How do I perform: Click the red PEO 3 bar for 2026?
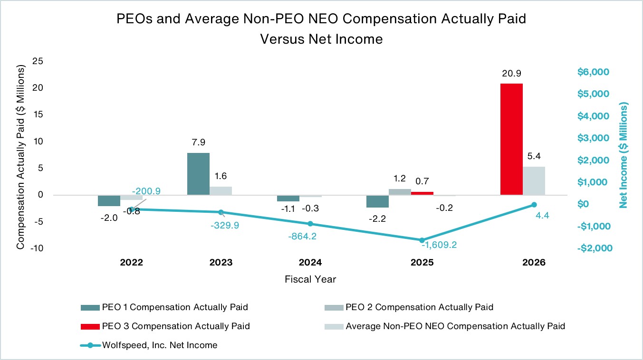pos(511,139)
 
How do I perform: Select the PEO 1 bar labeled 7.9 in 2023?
pos(198,174)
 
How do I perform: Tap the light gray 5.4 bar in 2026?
pos(534,181)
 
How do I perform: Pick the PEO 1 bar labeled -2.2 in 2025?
pos(377,201)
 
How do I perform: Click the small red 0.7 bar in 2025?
pos(422,193)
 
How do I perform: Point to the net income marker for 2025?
pos(422,240)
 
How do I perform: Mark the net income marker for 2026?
pos(534,205)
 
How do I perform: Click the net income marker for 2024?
pos(310,224)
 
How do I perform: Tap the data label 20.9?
pos(511,74)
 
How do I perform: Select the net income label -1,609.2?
pos(439,245)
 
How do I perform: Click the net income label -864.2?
pos(302,237)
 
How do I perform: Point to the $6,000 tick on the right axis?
pos(593,72)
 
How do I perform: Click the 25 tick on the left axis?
pos(38,61)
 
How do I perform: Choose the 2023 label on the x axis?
pos(221,263)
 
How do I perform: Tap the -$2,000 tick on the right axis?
pos(595,248)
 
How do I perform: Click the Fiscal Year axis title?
pos(310,279)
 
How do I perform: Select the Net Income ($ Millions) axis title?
pos(624,155)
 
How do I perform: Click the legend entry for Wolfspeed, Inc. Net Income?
pos(149,345)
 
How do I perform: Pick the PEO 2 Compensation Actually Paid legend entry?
pos(409,307)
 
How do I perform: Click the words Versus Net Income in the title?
pos(321,39)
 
